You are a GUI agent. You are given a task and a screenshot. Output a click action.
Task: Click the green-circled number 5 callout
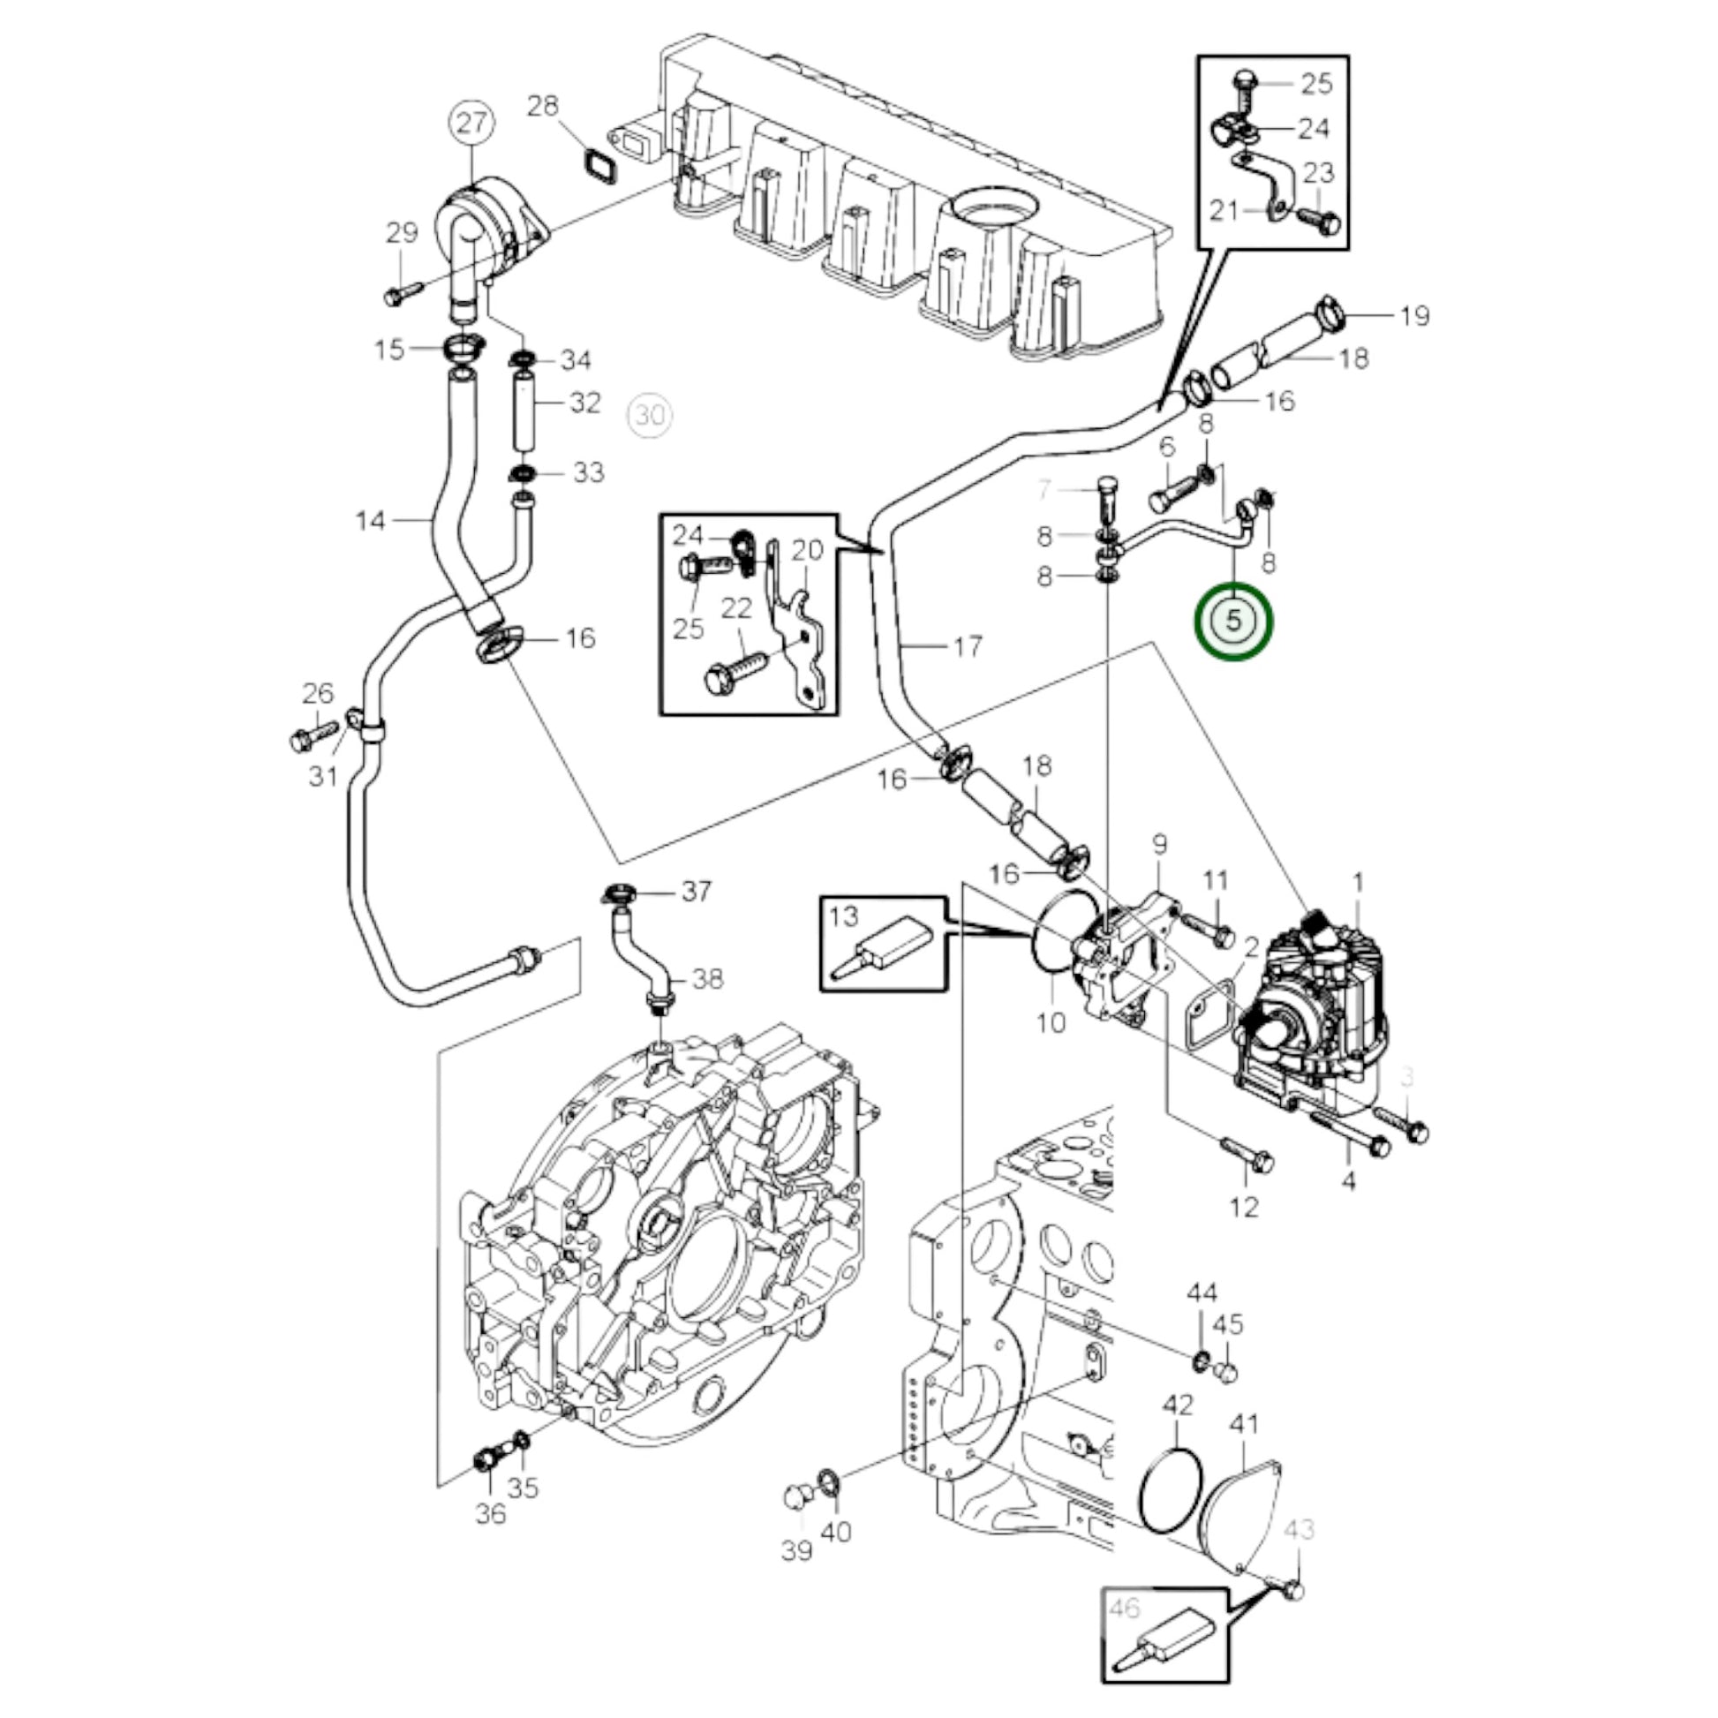1233,621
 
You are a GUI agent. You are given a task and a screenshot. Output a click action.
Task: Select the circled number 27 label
471,122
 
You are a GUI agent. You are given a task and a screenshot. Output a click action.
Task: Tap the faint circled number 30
650,414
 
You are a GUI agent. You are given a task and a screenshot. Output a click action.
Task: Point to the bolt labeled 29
403,293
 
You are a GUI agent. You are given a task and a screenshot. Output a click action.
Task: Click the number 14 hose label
370,520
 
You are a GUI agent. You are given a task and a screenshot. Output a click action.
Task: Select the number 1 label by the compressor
1358,882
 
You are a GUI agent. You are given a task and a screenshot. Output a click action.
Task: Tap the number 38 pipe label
707,979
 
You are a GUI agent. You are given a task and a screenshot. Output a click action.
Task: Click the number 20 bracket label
807,551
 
